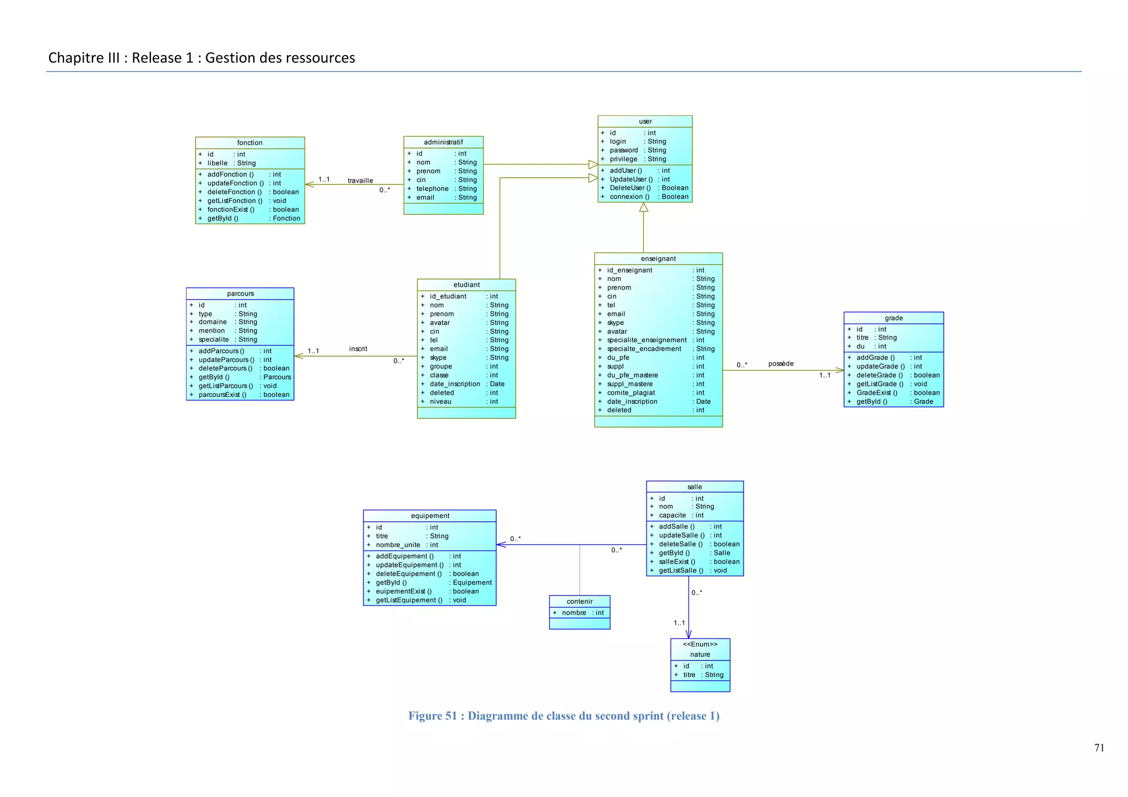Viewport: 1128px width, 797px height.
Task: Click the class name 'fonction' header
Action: coord(250,143)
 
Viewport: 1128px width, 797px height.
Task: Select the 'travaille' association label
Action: coord(360,181)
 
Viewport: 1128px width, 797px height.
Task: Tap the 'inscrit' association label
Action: coord(358,349)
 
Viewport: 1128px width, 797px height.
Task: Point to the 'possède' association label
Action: coord(780,364)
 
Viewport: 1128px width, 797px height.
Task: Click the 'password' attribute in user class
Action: coord(623,150)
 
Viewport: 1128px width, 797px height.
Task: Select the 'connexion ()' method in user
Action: coord(629,196)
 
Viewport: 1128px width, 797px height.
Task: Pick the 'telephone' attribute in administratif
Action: coord(432,189)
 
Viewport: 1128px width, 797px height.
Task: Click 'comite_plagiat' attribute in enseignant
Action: coord(631,393)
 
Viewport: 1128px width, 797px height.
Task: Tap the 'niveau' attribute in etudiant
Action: coord(440,402)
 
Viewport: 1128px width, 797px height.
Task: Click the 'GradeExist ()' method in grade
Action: coord(876,393)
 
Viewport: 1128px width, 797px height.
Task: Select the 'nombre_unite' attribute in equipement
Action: coord(398,545)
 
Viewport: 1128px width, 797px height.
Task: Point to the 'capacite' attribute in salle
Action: coord(672,516)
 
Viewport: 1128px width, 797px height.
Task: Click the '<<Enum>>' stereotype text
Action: coord(700,645)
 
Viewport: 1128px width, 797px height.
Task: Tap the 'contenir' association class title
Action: coord(579,602)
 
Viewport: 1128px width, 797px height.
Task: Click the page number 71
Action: coord(1099,748)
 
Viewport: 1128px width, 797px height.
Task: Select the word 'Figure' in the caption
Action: coord(425,716)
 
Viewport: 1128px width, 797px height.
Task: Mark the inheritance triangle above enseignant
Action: coord(643,208)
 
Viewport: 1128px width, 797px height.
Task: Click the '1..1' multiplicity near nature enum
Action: coord(679,623)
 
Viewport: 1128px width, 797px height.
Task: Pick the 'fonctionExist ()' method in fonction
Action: coord(230,210)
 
